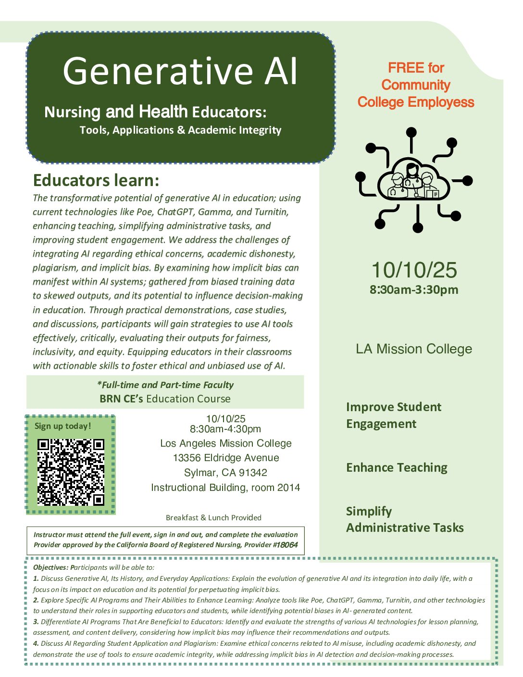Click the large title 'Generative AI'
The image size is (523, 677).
[x=180, y=71]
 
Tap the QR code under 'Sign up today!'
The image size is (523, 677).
[x=71, y=472]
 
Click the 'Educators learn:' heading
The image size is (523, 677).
[x=96, y=180]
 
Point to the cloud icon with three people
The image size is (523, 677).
[x=413, y=181]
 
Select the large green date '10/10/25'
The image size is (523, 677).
[x=414, y=270]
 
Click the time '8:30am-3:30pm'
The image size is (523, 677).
[x=414, y=290]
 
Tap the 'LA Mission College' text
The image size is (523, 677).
[x=414, y=349]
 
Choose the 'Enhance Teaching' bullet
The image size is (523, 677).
[x=397, y=467]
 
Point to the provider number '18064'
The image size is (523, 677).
[x=287, y=545]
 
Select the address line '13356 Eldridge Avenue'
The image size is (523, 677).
[x=226, y=458]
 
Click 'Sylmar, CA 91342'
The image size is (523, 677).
[x=225, y=473]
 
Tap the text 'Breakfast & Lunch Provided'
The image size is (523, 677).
[x=213, y=517]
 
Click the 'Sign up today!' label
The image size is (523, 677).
[x=62, y=426]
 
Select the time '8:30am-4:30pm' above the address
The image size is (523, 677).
[x=225, y=429]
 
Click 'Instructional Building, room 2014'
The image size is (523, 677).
[x=225, y=488]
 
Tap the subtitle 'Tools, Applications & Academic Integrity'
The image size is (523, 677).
[x=180, y=130]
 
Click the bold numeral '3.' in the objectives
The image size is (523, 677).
[x=36, y=622]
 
